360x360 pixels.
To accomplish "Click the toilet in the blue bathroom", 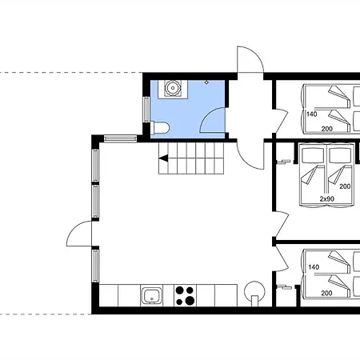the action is [160, 128].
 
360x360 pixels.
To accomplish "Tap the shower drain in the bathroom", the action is [173, 87].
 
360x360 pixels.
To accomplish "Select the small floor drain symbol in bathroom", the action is [206, 82].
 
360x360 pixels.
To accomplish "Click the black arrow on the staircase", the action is [163, 158].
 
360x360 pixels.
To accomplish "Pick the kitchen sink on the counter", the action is [151, 295].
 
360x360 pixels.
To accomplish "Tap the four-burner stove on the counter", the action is [185, 295].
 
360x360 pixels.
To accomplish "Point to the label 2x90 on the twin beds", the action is [327, 198].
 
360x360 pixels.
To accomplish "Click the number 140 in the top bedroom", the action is [312, 114].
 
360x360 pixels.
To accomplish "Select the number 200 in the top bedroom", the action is [327, 129].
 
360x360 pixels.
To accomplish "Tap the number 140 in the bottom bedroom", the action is [314, 267].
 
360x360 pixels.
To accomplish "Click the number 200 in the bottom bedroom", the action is [326, 293].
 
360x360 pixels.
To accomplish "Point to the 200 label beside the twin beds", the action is [345, 186].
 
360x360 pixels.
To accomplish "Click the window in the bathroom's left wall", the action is [146, 110].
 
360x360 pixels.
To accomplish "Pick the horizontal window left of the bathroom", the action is [120, 138].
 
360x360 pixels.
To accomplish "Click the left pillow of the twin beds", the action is [313, 155].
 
